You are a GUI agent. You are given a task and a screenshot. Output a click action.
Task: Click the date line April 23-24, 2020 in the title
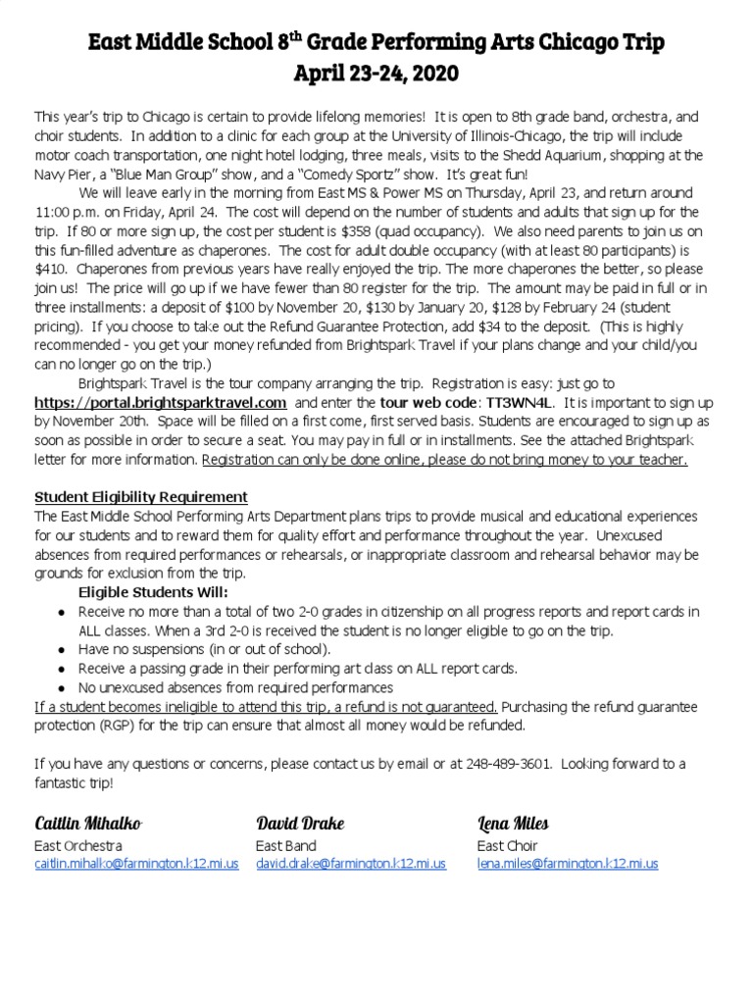[x=376, y=73]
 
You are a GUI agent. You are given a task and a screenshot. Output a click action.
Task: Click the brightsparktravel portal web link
[x=161, y=403]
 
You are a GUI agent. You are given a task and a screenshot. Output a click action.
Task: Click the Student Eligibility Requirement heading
[x=141, y=497]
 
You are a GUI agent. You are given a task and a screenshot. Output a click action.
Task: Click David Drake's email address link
[x=351, y=864]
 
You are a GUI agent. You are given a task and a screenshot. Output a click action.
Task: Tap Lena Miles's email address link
[x=568, y=864]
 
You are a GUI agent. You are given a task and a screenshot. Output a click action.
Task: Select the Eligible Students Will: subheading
[x=153, y=592]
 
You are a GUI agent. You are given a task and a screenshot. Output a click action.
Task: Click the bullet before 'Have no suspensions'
[x=62, y=650]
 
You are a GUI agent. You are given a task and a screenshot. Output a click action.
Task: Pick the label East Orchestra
[x=78, y=845]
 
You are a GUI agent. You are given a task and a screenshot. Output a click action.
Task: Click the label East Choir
[x=508, y=845]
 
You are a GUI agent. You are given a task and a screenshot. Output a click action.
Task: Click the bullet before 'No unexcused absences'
[x=62, y=687]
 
